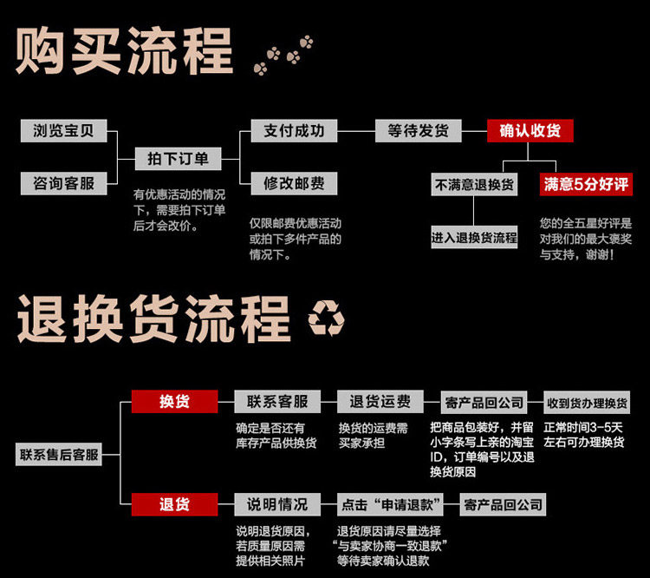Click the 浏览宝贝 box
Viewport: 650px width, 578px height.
[x=63, y=131]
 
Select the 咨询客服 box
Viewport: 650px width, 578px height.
[x=63, y=183]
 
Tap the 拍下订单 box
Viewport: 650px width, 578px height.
[x=178, y=158]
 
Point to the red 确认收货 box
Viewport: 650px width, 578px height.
[x=530, y=131]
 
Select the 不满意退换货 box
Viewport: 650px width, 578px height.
[x=474, y=185]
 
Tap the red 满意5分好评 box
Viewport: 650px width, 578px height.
[x=585, y=185]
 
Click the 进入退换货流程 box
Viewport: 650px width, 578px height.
[x=474, y=238]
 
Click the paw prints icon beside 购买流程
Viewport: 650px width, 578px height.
[x=283, y=54]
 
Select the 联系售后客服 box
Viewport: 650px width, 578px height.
[x=59, y=453]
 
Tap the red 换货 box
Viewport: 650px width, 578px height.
[x=174, y=402]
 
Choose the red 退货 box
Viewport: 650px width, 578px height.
[x=174, y=504]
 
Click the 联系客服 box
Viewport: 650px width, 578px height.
[x=277, y=402]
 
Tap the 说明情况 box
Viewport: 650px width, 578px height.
[x=277, y=504]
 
